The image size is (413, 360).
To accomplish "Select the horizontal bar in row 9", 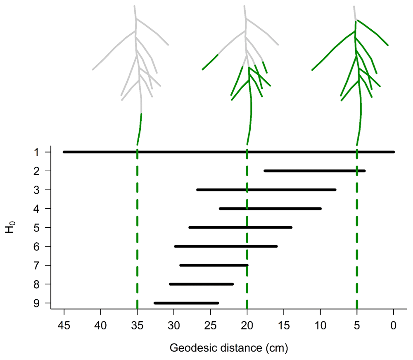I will click(186, 303).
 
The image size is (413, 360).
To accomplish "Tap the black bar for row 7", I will click(214, 265).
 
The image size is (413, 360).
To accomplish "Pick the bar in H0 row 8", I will click(202, 284).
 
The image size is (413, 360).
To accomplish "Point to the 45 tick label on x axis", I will click(64, 326).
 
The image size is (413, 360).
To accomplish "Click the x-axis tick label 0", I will click(394, 326).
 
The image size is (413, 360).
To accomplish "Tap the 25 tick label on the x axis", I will click(210, 326).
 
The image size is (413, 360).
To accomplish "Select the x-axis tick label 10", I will click(320, 326).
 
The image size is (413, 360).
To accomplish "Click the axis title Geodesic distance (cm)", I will click(228, 348).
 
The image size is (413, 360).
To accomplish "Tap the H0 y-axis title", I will click(10, 227).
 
